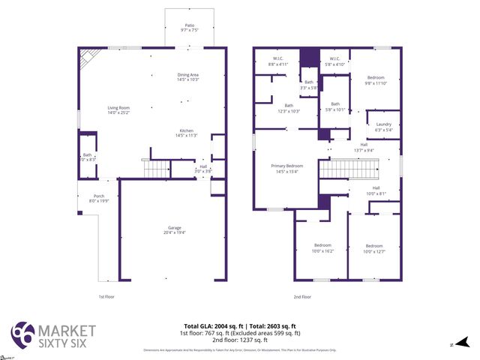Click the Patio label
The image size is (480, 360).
[x=189, y=28]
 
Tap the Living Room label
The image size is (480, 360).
[x=119, y=110]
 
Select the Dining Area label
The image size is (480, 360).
[x=188, y=76]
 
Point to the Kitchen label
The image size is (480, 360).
[x=186, y=133]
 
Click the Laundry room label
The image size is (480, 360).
[x=383, y=127]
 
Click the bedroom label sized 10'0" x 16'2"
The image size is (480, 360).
[x=322, y=248]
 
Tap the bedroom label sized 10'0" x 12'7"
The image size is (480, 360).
[x=374, y=248]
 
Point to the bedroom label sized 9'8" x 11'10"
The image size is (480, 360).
[x=376, y=80]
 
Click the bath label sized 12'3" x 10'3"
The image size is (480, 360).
[x=289, y=108]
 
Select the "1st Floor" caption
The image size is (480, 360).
[x=107, y=297]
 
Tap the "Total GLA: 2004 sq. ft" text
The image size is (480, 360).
[x=209, y=326]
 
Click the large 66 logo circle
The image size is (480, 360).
[x=22, y=334]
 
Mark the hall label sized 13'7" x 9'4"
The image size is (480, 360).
[x=364, y=147]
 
